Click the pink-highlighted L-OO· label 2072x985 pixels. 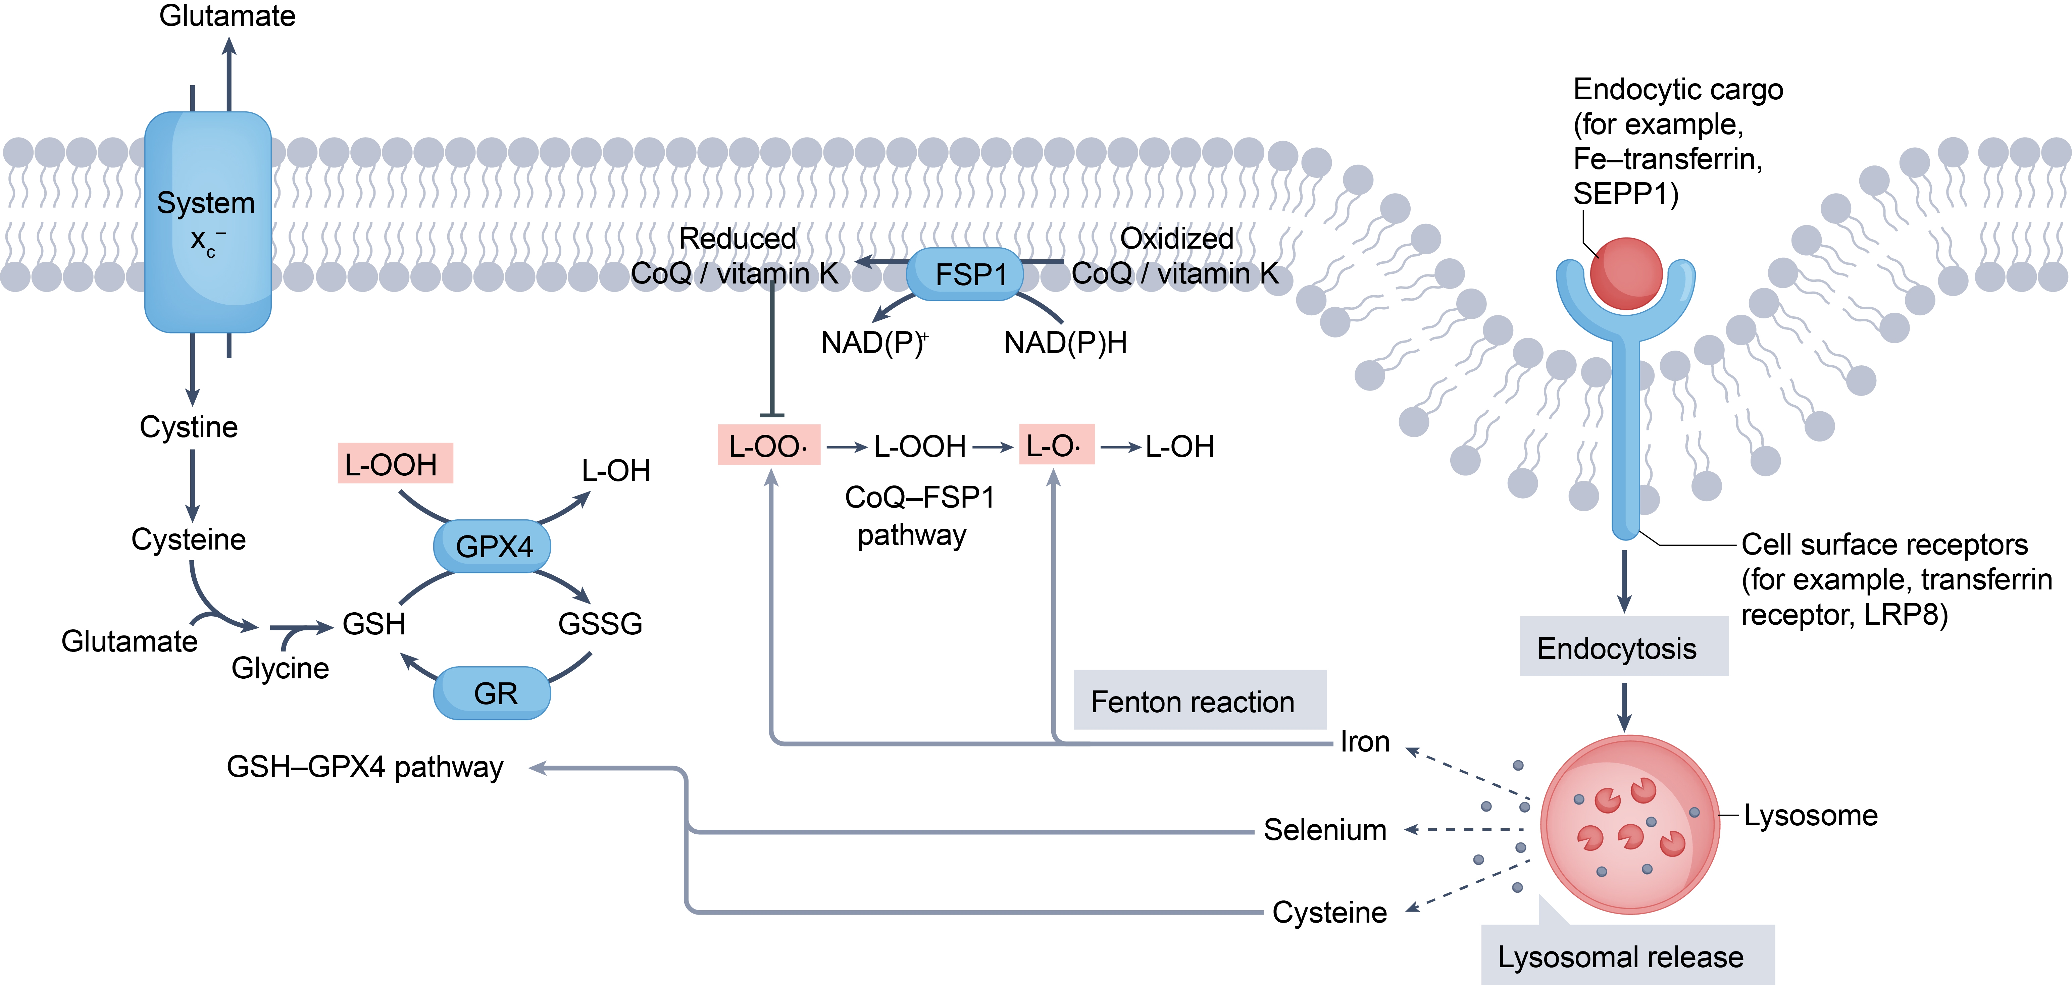click(x=768, y=446)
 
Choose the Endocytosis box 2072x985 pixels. click(x=1622, y=647)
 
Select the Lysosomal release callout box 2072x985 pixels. click(x=1626, y=956)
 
